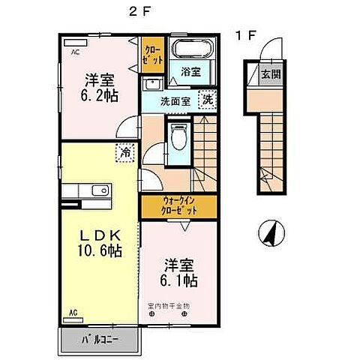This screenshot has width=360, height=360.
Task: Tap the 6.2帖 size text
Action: click(99, 95)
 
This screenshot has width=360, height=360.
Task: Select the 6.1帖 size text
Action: click(180, 281)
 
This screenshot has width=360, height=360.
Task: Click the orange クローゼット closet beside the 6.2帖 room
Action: click(151, 54)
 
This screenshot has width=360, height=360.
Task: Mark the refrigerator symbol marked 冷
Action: click(123, 152)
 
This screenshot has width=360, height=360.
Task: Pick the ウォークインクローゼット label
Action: click(179, 205)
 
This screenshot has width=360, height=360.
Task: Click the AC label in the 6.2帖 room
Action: click(76, 53)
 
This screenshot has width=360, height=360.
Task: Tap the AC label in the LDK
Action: click(73, 310)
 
